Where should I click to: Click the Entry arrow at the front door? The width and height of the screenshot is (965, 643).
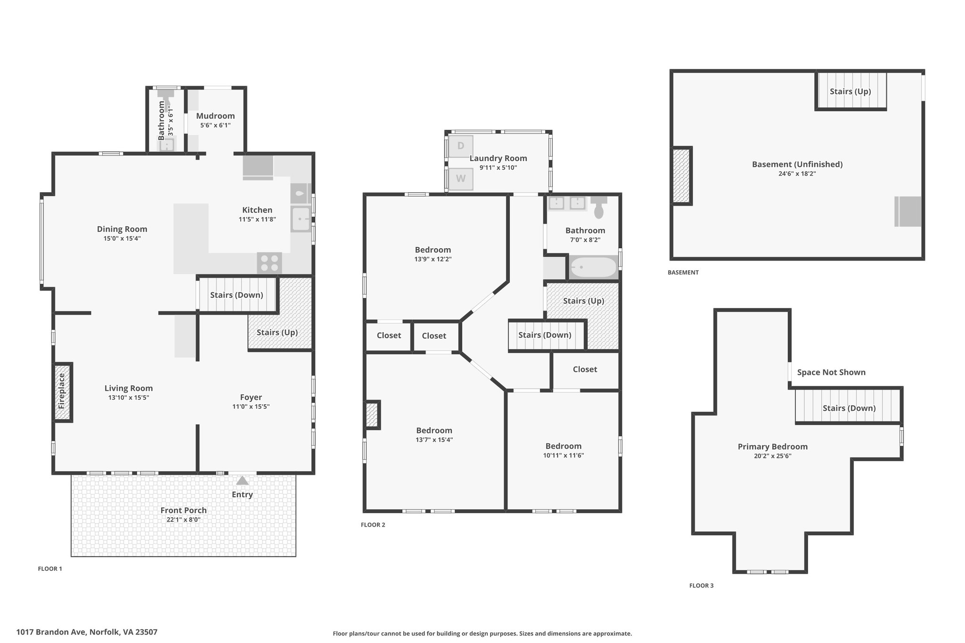[x=242, y=480]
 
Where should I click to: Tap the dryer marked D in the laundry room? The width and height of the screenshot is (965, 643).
[x=460, y=147]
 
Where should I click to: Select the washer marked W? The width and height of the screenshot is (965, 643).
[x=460, y=179]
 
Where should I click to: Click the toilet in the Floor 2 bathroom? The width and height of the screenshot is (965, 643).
[x=599, y=208]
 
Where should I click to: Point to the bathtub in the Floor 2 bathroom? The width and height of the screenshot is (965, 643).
[x=593, y=268]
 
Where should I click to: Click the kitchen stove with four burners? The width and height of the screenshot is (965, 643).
[x=270, y=263]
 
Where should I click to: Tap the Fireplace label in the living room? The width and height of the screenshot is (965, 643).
[x=61, y=391]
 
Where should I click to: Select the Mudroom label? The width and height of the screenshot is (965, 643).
[x=215, y=116]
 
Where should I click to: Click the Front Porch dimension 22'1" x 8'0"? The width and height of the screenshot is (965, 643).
[x=184, y=520]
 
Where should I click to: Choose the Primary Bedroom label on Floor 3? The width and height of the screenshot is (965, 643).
[x=773, y=447]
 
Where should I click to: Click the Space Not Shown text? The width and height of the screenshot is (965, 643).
[x=831, y=372]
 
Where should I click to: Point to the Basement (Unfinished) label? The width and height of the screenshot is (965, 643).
[x=797, y=164]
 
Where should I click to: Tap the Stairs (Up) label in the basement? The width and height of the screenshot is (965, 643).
[x=850, y=91]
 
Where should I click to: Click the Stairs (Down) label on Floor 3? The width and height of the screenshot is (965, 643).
[x=849, y=408]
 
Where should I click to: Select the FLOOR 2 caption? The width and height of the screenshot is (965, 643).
[x=373, y=525]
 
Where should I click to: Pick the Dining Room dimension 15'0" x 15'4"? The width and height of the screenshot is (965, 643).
[x=122, y=238]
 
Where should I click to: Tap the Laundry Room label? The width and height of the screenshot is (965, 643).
[x=498, y=158]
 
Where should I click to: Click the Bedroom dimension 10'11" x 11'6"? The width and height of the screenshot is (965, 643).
[x=564, y=456]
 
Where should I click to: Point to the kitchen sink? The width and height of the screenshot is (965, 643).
[x=301, y=219]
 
